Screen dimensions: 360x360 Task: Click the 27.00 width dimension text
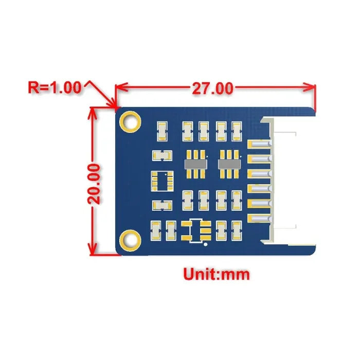pos(212,88)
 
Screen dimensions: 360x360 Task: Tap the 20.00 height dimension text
pos(98,184)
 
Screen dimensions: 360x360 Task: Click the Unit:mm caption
pos(217,274)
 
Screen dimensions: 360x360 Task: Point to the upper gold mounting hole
pos(130,121)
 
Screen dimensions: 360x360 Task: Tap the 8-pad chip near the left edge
pos(161,181)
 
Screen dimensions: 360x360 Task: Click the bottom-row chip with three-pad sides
pos(195,231)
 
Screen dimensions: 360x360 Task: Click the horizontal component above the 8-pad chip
pos(161,155)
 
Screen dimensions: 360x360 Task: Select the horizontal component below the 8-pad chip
pos(161,205)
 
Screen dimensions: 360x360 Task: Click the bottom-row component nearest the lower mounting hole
pos(155,231)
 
